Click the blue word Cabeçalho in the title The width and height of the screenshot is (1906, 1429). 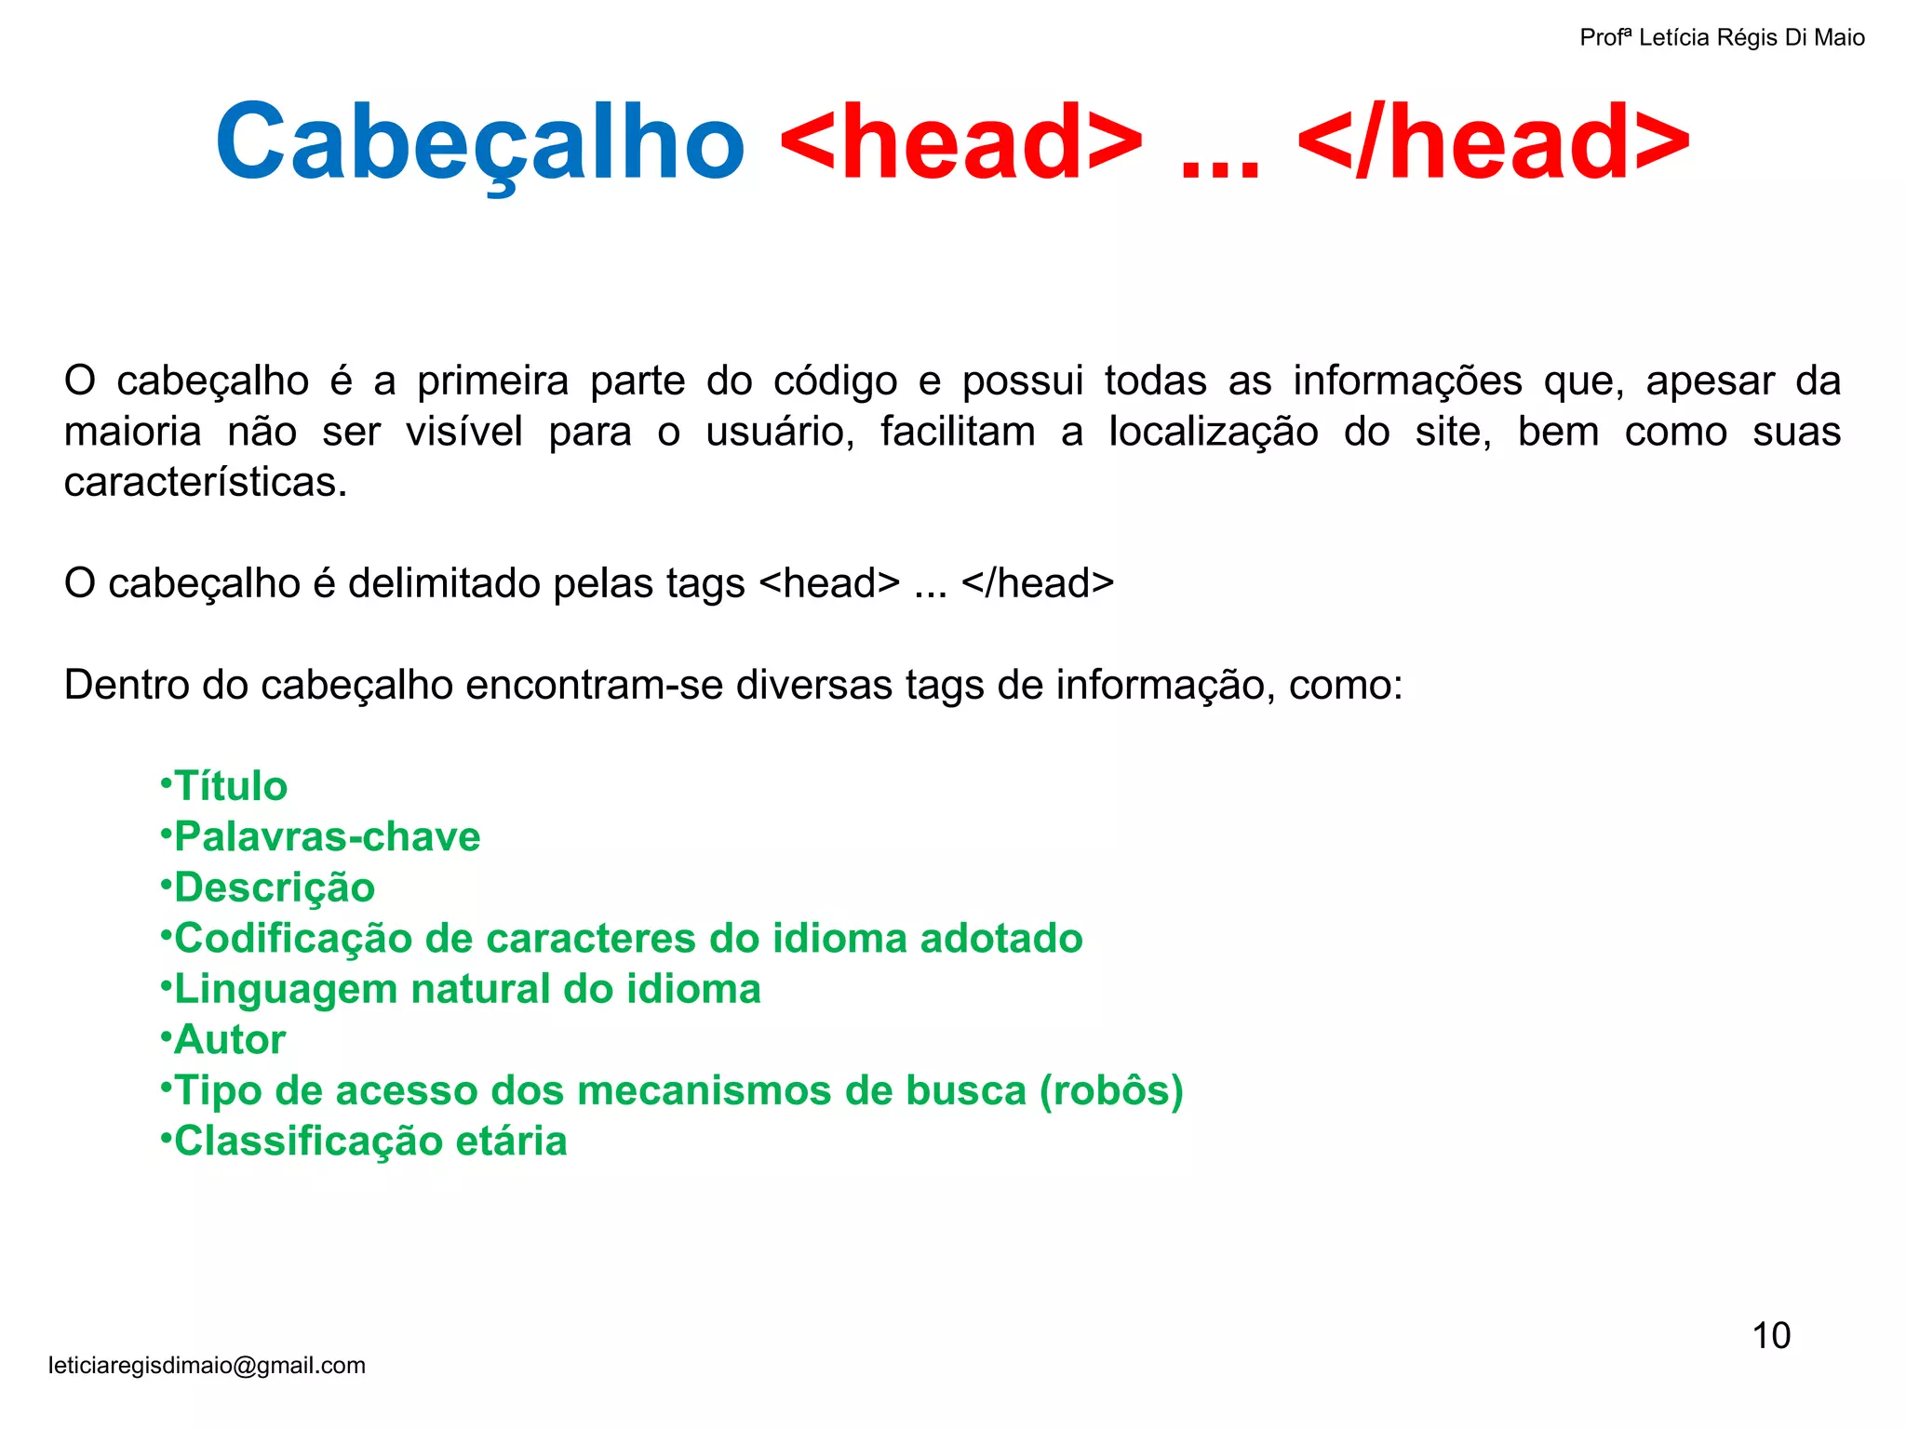pos(480,142)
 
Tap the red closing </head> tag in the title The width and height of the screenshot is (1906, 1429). pos(1493,142)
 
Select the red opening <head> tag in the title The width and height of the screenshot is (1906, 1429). pos(960,142)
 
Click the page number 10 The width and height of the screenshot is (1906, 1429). pos(1771,1336)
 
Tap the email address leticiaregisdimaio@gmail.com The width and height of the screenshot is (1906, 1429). pos(207,1365)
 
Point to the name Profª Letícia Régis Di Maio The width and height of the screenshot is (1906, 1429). pos(1722,37)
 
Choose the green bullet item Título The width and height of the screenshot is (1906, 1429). pos(231,786)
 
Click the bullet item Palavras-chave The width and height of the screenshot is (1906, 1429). pos(327,836)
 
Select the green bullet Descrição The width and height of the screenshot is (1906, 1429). pos(275,888)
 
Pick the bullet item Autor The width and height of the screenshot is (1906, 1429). pos(230,1039)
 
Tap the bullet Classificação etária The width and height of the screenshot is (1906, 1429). pos(370,1141)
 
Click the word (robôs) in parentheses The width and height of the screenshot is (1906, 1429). pos(1111,1090)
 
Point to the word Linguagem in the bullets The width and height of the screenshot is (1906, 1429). pos(286,989)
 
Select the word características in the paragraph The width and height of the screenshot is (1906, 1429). pos(205,482)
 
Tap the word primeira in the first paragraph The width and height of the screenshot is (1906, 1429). pos(492,381)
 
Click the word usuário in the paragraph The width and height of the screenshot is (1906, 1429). pos(779,432)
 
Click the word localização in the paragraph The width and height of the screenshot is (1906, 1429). pos(1214,432)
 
